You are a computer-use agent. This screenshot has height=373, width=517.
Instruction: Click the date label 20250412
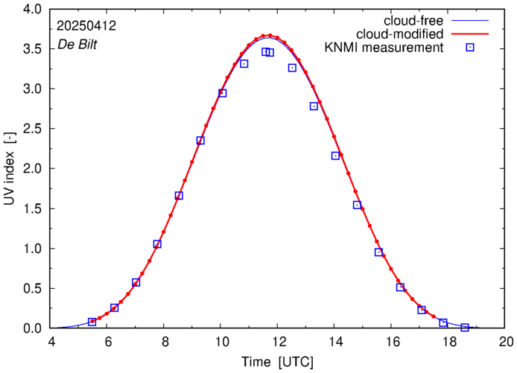(86, 25)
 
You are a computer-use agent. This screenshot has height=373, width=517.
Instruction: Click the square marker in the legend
(471, 48)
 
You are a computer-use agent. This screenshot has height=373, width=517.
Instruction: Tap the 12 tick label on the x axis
(279, 342)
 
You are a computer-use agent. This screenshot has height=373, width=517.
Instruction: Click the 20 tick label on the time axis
(506, 342)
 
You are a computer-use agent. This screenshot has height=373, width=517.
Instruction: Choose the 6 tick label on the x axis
(108, 342)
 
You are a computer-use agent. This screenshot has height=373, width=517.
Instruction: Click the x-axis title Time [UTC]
(277, 362)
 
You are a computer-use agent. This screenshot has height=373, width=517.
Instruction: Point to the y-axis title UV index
(10, 168)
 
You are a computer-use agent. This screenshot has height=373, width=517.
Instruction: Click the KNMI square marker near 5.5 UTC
(92, 322)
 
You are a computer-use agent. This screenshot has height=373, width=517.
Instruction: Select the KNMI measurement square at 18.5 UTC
(465, 328)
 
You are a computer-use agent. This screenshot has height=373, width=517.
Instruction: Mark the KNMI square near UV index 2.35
(200, 141)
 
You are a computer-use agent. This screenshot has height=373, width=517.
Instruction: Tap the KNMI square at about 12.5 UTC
(292, 68)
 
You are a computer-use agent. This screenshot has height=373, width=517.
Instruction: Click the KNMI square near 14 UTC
(335, 156)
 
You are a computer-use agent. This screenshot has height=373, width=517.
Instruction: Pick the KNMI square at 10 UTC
(222, 93)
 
